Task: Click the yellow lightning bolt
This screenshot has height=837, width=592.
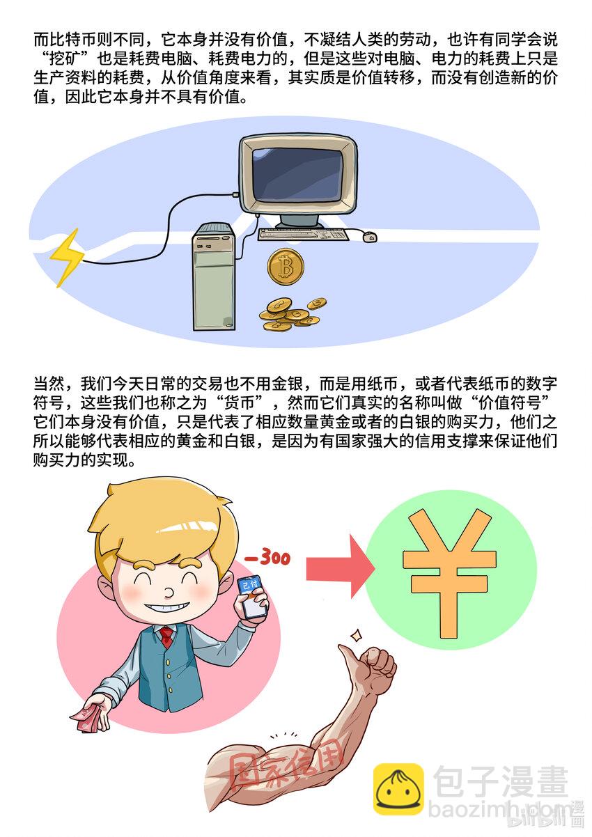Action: point(68,257)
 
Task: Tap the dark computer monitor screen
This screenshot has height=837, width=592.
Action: point(297,174)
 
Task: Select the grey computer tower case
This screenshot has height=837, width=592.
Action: point(213,276)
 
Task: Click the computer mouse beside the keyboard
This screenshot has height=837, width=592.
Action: point(369,237)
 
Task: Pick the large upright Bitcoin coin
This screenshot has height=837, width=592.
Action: point(286,267)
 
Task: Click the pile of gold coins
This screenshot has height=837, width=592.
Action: point(293,314)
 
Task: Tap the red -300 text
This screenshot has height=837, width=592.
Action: point(267,558)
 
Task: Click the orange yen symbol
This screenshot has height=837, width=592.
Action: point(449,573)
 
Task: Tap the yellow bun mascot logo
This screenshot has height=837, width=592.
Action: point(398,788)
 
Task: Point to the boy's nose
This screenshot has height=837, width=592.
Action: point(169,591)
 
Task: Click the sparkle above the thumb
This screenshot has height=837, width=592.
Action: point(356,634)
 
